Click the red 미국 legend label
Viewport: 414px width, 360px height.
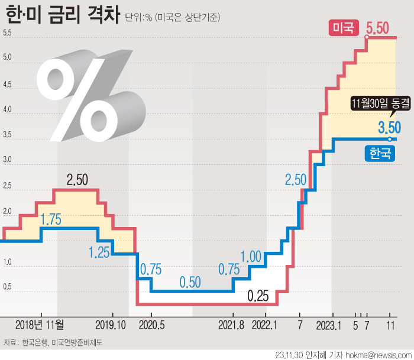tap(343, 27)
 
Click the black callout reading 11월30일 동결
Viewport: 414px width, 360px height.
tap(380, 103)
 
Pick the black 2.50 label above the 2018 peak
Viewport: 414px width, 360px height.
tap(77, 180)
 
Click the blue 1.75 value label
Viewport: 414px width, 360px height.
tap(51, 220)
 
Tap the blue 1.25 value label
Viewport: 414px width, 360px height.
tap(99, 252)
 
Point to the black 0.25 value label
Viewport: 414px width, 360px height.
tap(258, 295)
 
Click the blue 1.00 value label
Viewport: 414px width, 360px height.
tap(251, 256)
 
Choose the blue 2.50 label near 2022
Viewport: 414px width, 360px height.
tap(295, 180)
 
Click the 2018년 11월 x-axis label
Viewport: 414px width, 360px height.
tap(40, 325)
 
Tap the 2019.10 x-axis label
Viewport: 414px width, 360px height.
tap(111, 325)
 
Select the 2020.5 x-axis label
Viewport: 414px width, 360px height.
tap(151, 325)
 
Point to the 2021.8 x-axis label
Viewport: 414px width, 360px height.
tap(232, 325)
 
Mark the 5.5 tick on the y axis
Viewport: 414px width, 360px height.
tap(7, 33)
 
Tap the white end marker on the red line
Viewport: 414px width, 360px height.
tap(367, 37)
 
